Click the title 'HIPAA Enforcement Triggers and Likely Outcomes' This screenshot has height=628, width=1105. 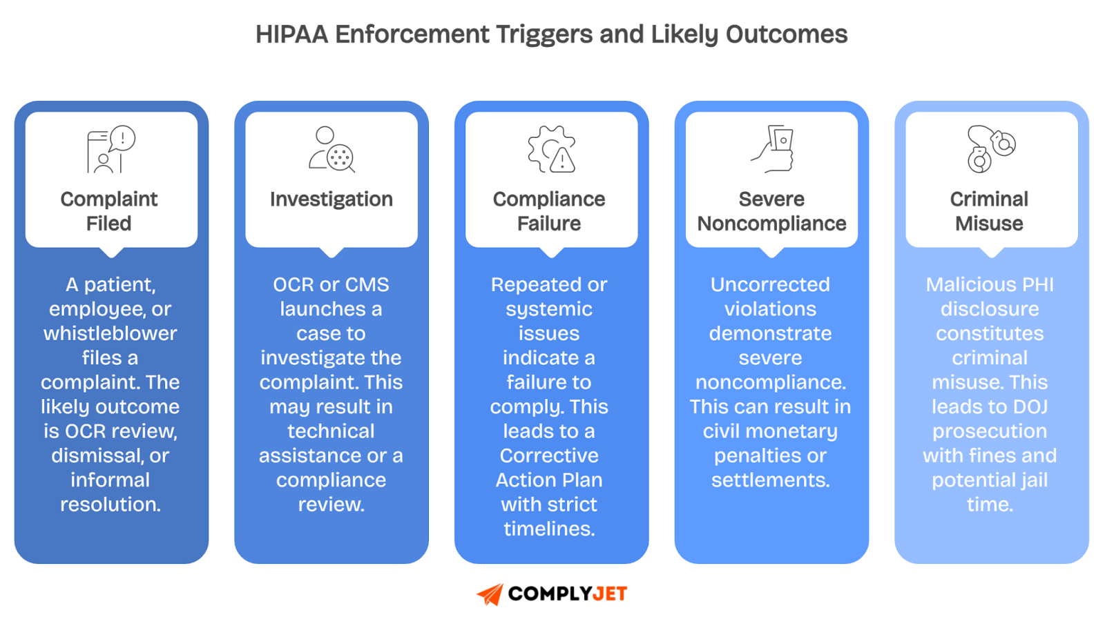[551, 35]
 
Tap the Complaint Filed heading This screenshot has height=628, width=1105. [109, 211]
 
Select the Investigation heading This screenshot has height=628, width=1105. [331, 199]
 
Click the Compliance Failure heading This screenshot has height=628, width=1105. [549, 211]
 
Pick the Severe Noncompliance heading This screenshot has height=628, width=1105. [771, 211]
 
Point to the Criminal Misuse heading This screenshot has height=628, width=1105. [989, 211]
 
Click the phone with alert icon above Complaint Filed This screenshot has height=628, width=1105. [110, 149]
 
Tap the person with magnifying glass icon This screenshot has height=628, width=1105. [331, 149]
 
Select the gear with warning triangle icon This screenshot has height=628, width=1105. [551, 149]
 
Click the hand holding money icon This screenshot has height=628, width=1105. [773, 149]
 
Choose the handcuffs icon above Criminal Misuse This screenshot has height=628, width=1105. [990, 149]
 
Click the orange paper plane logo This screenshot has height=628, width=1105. [490, 594]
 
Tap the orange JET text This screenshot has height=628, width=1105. [609, 594]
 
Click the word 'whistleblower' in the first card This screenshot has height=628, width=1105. [110, 333]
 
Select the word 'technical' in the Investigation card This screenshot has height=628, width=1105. [331, 431]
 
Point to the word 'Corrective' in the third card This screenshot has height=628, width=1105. [549, 455]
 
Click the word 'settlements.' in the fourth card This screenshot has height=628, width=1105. [771, 480]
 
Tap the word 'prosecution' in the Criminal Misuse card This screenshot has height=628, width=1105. [990, 431]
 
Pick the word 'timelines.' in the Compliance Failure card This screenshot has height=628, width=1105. [549, 529]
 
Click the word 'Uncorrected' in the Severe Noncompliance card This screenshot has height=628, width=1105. [771, 284]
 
